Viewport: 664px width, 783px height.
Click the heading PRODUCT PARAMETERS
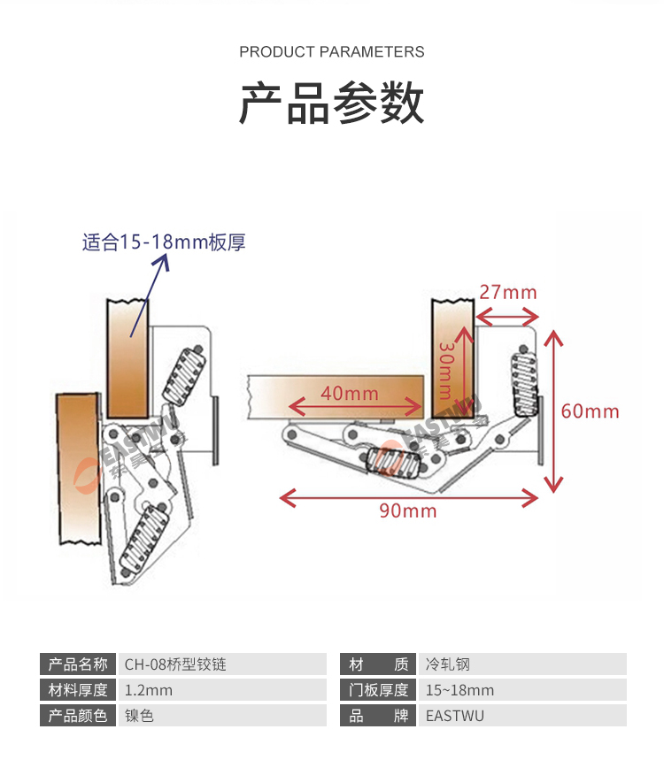(332, 52)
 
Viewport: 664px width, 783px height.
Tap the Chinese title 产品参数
(332, 104)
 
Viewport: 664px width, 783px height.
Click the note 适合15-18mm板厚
(164, 242)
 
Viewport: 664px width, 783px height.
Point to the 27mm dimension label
(507, 292)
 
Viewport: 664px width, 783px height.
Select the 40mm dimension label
(349, 393)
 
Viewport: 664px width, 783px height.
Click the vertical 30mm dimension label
(446, 372)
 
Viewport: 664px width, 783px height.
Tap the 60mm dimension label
(591, 411)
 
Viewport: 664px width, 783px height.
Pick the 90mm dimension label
(408, 510)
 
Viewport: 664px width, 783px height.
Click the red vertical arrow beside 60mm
(554, 411)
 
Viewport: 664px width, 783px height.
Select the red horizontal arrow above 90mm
(409, 498)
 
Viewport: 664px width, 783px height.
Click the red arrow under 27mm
(507, 314)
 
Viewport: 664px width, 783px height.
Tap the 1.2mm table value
(149, 690)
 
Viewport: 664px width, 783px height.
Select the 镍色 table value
(140, 716)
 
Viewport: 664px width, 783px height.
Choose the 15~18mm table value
(459, 690)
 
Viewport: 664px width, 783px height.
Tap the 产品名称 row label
(78, 664)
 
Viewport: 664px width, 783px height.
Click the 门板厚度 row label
(378, 690)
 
